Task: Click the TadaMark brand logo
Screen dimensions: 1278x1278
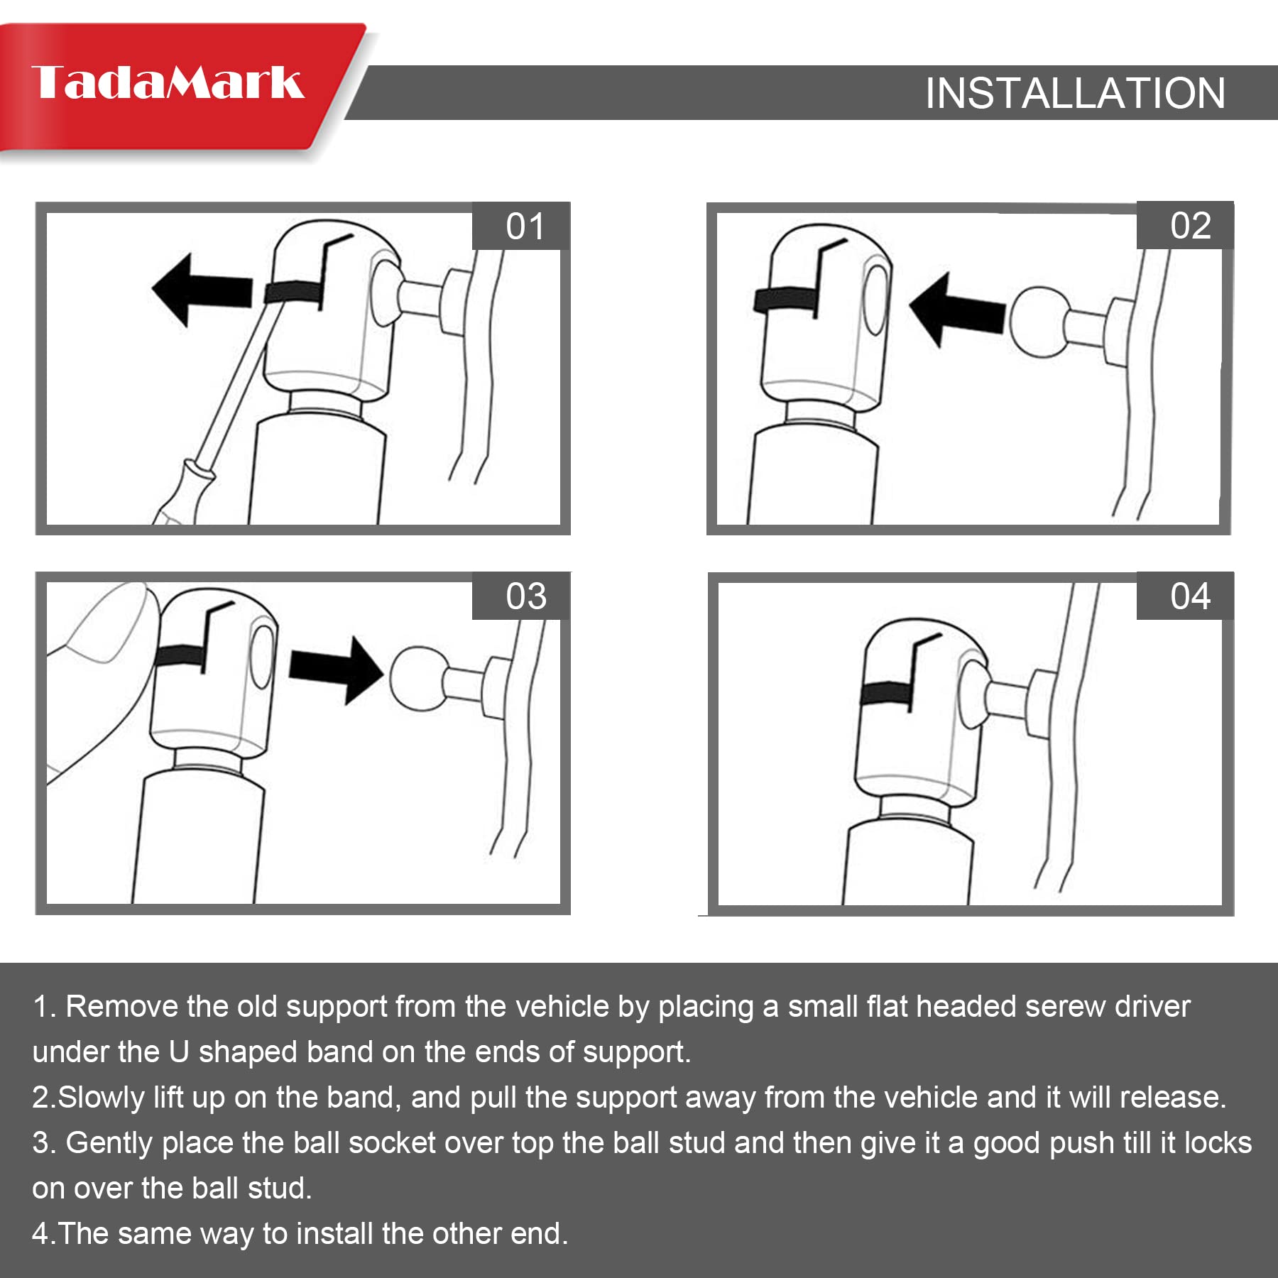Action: [x=168, y=82]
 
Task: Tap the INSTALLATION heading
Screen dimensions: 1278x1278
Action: [x=1075, y=93]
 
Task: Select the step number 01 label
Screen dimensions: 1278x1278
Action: [x=525, y=226]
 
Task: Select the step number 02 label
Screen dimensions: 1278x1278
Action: [x=1191, y=226]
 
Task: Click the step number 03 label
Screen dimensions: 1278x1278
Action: [x=526, y=596]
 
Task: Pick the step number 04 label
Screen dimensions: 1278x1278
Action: [x=1191, y=596]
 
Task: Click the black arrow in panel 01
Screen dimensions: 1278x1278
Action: [x=202, y=290]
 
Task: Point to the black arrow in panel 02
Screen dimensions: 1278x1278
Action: [x=957, y=311]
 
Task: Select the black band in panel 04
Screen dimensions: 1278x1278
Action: [x=886, y=694]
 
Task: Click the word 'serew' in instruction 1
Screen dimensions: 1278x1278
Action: [x=1065, y=1007]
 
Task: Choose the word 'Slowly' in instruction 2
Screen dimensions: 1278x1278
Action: [x=101, y=1098]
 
